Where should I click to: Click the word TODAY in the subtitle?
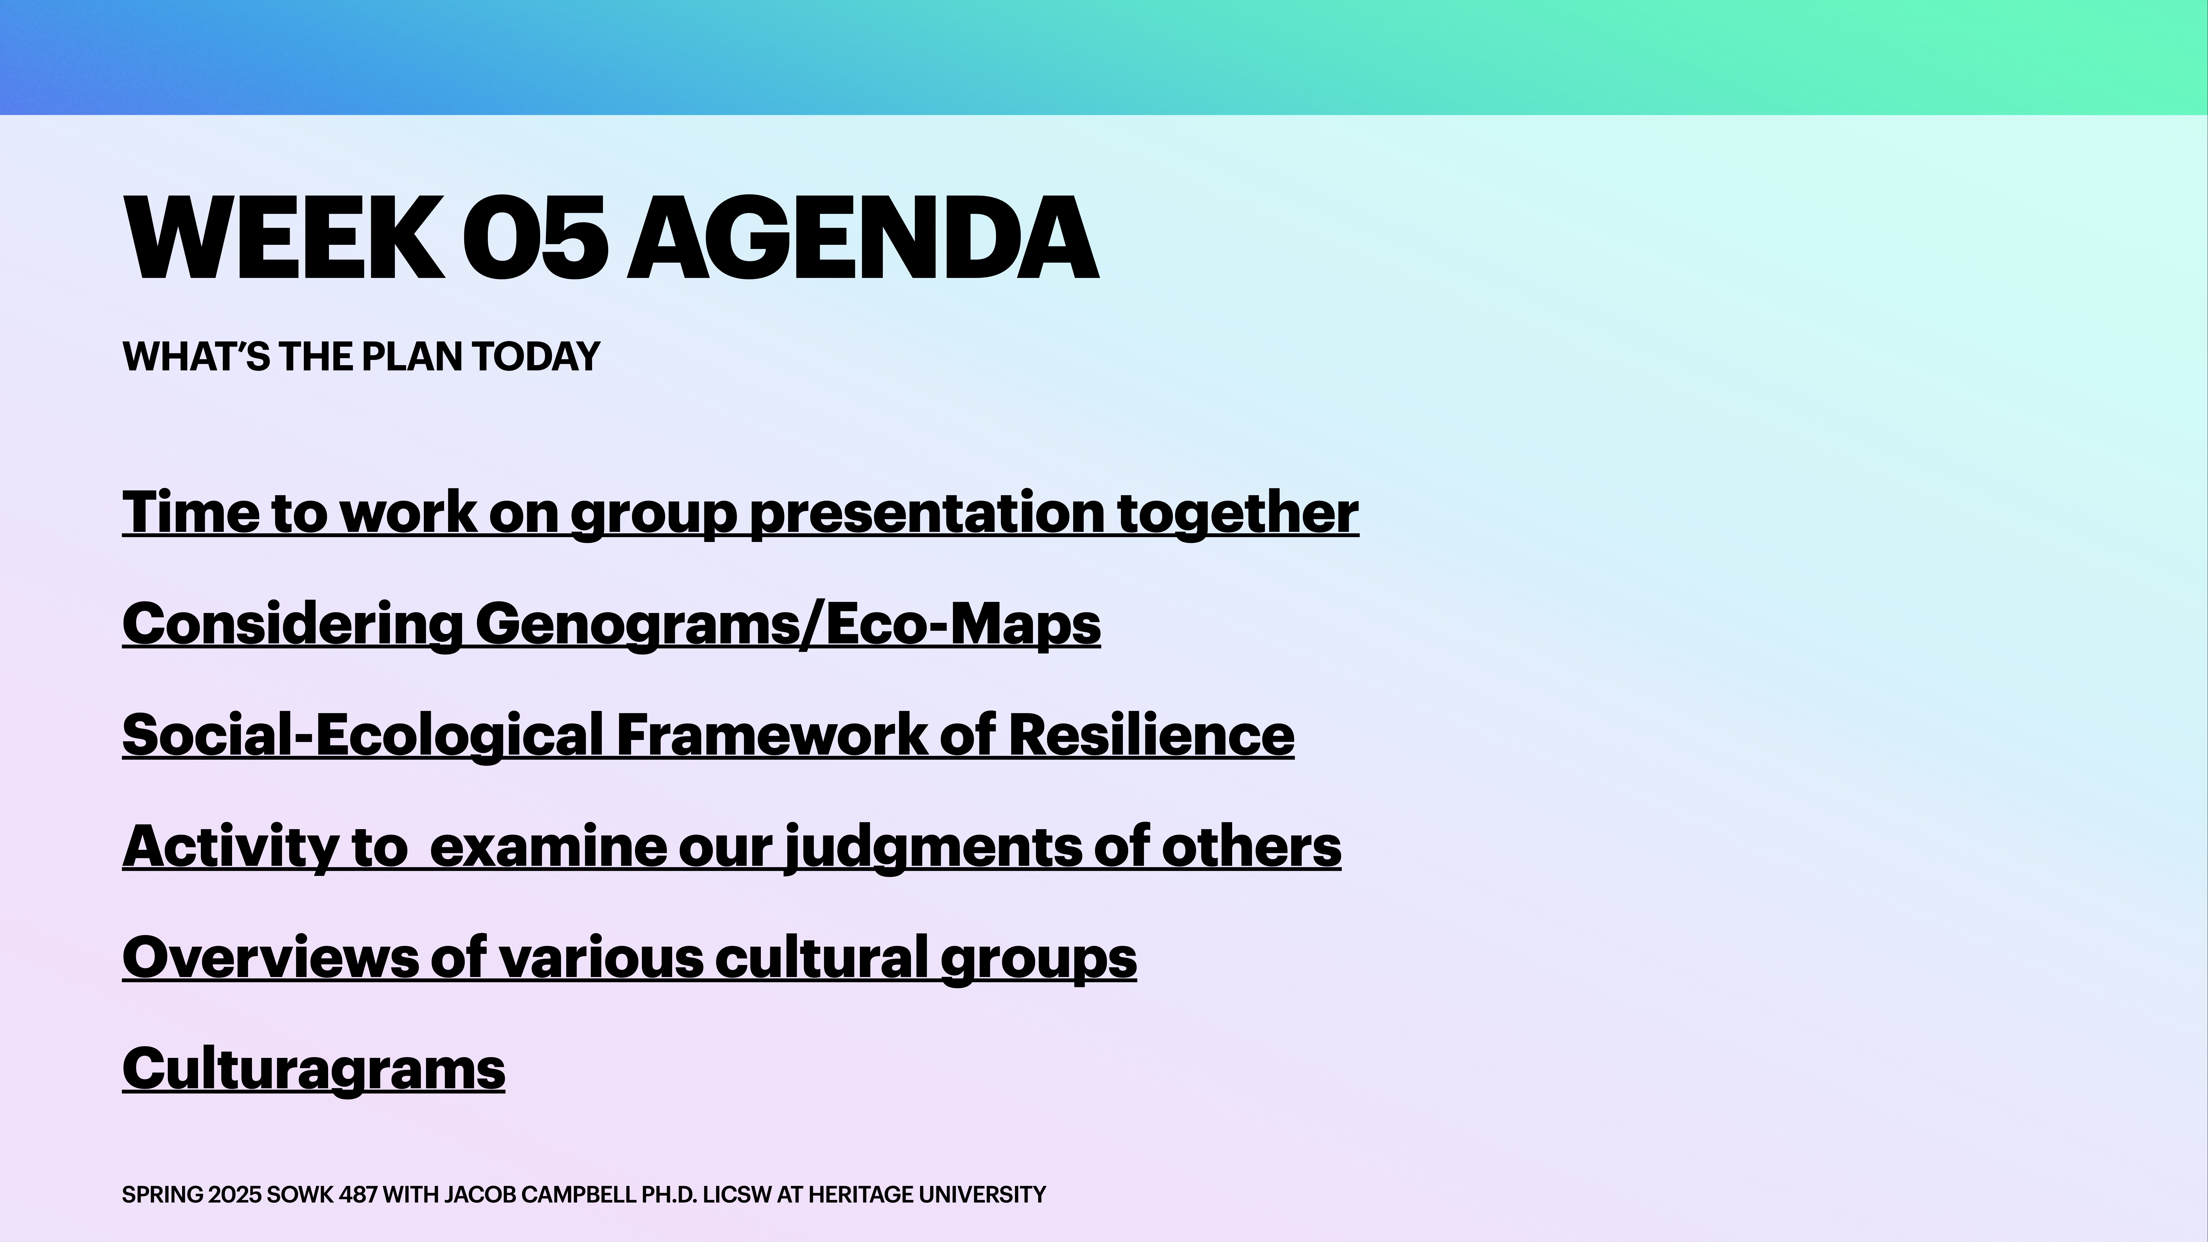tap(536, 357)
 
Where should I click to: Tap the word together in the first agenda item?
tap(1238, 513)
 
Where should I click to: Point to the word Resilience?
tap(1150, 736)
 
